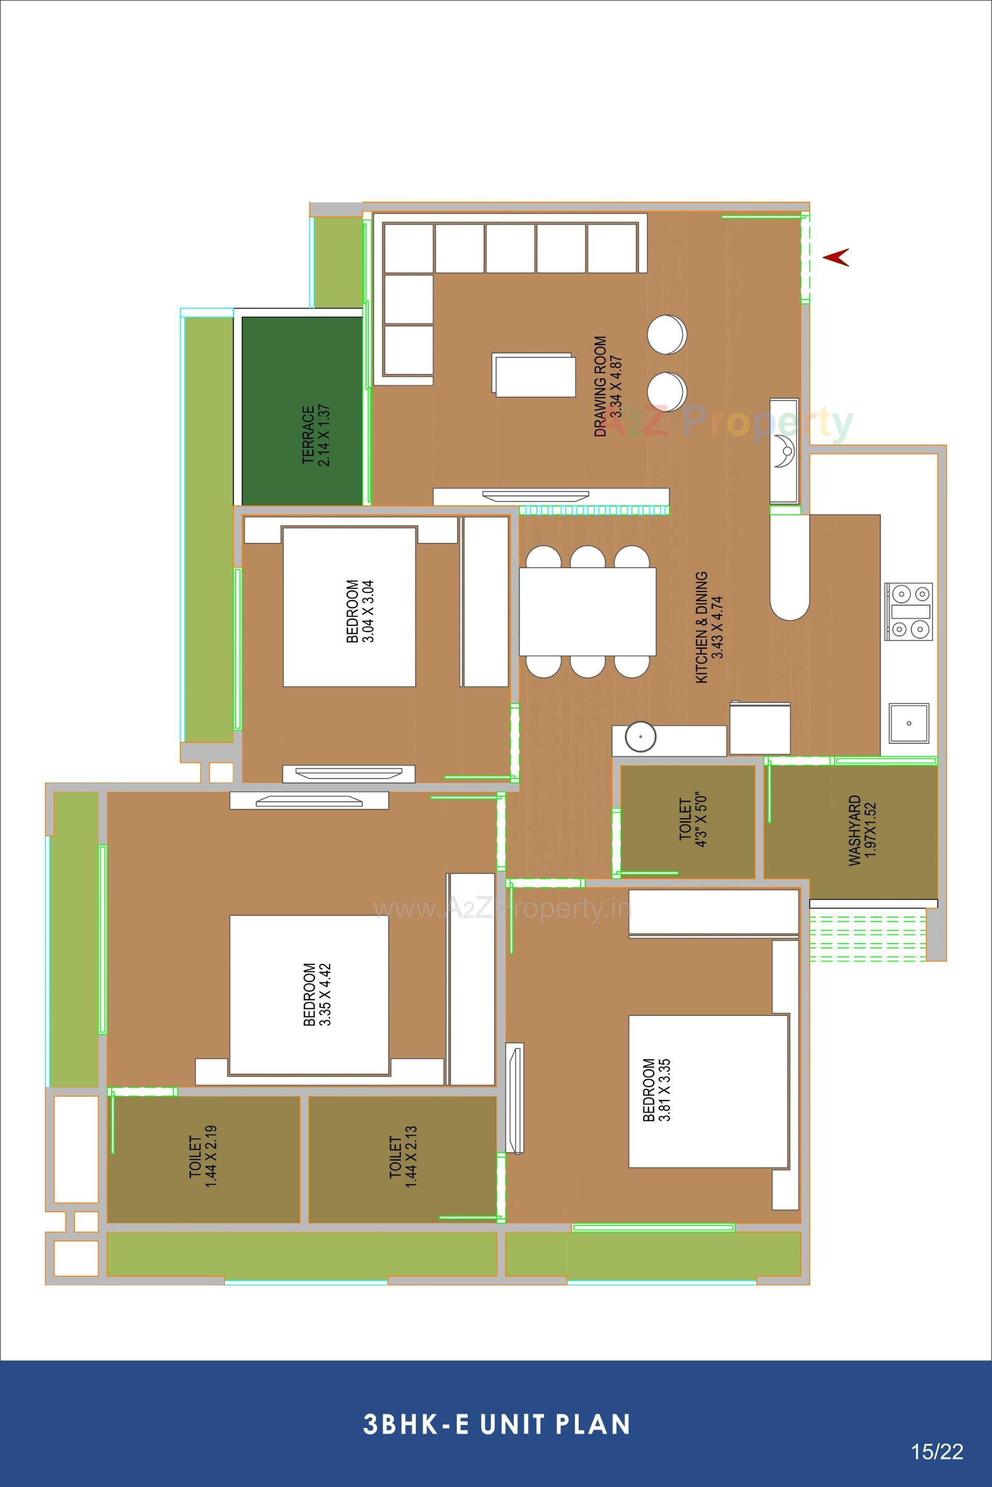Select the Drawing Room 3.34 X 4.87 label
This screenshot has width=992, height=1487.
click(x=608, y=386)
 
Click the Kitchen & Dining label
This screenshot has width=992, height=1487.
click(x=708, y=628)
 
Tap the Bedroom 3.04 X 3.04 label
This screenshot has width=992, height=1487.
click(x=361, y=612)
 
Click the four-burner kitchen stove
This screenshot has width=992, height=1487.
click(x=908, y=611)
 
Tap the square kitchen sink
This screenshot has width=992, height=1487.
click(x=909, y=722)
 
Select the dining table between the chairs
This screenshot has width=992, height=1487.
click(x=587, y=612)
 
